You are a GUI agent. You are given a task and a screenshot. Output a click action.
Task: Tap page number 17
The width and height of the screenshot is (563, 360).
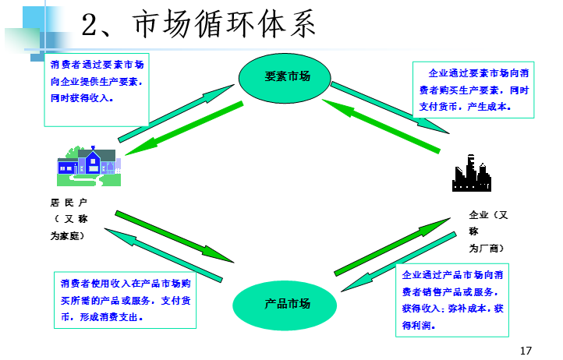[525, 350]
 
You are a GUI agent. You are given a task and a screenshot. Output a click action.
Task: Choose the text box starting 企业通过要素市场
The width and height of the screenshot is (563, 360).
[473, 90]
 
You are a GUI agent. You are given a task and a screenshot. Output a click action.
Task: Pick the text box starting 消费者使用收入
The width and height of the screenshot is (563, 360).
[126, 299]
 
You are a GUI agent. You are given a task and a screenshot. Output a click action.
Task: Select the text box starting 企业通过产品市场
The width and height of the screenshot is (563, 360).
[453, 299]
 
